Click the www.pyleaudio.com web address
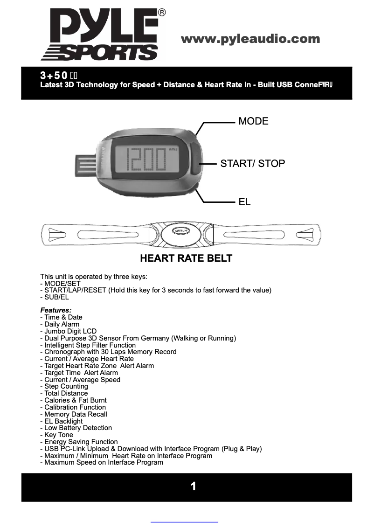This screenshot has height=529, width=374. pos(250,39)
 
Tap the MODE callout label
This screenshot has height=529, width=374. pos(253,121)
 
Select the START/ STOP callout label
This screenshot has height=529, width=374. pos(252,163)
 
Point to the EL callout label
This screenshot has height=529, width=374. pos(244,202)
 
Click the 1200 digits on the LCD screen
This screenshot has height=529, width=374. pos(147,160)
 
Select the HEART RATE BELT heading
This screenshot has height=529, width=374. pos(186,258)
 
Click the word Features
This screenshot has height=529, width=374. pos(55,310)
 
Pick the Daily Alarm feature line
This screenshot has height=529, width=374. pos(62,324)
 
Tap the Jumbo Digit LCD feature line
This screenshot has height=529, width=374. pos(70,331)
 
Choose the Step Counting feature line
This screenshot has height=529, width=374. pos(66,386)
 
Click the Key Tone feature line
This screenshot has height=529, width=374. pos(58,435)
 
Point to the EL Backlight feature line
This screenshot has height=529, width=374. pos(63,421)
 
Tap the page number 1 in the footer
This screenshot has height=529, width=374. pos(193,487)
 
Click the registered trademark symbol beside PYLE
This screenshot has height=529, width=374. pos(161,13)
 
